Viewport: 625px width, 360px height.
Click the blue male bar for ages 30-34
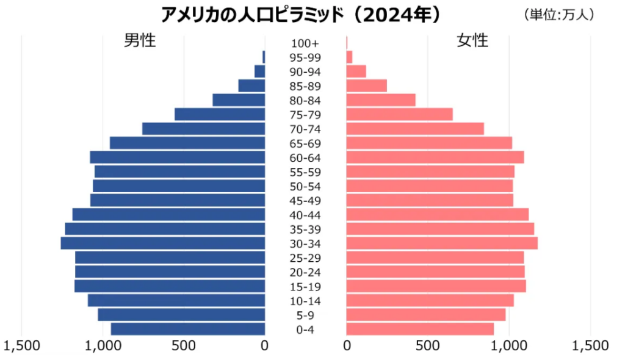tap(163, 243)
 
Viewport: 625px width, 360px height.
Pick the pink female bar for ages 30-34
tap(442, 243)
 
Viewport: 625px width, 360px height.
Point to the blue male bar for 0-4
tap(188, 329)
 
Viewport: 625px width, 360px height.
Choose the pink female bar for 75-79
tap(399, 114)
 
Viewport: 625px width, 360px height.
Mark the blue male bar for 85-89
tap(251, 85)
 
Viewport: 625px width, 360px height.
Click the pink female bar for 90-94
tap(356, 71)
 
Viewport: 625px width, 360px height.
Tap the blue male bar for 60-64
tap(178, 157)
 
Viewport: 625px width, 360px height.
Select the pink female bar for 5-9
tap(425, 314)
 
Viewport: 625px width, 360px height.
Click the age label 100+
tap(305, 43)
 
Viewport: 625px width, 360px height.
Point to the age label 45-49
tap(305, 201)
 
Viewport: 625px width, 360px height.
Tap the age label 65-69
tap(305, 143)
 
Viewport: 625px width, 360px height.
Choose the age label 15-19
tap(305, 287)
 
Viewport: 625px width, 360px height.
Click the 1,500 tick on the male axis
tap(21, 346)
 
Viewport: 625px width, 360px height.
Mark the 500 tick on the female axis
tap(427, 346)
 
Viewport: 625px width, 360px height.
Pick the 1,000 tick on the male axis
tap(103, 346)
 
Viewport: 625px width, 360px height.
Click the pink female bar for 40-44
tap(437, 214)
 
